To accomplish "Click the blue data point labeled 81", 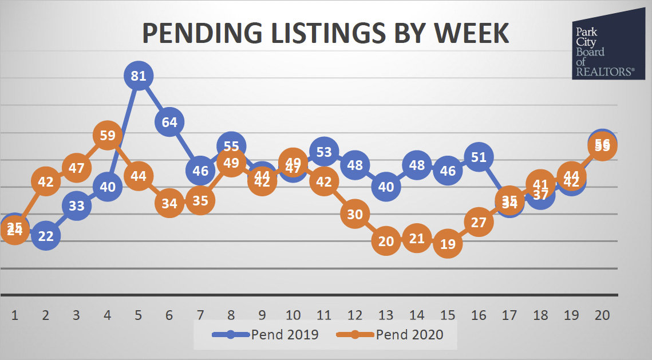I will [x=139, y=76].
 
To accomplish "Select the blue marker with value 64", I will [x=169, y=121].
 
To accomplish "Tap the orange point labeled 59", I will [x=108, y=136].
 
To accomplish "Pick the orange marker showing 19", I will [x=448, y=243].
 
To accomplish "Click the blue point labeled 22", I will [x=46, y=235].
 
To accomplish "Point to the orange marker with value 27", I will [x=479, y=222].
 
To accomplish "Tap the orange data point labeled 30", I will [x=355, y=214].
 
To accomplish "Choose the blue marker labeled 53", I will [x=324, y=152].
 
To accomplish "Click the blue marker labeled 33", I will [x=77, y=206].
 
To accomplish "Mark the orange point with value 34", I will [x=169, y=203].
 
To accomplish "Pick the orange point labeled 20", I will [x=386, y=241].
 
